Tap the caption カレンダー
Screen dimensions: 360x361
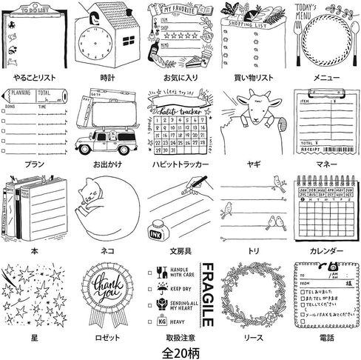(325, 250)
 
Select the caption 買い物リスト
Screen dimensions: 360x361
(252, 76)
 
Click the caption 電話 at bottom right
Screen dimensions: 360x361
(325, 337)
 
